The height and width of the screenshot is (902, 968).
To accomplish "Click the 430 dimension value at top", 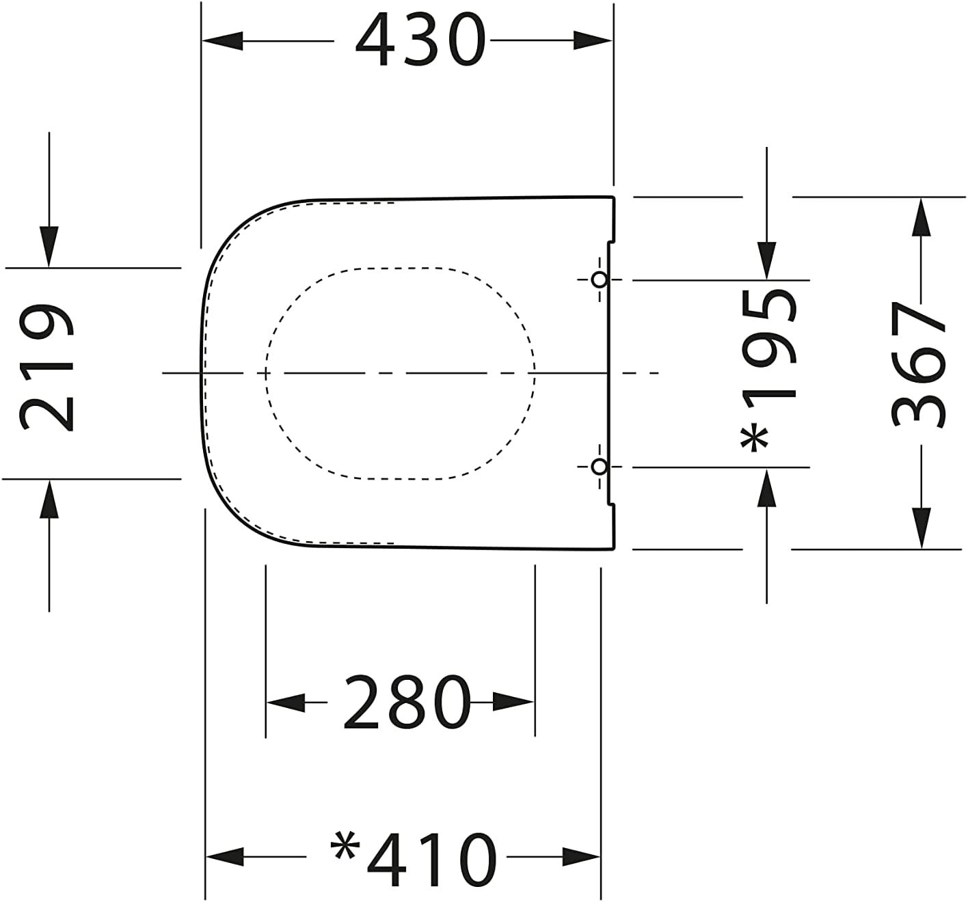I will [420, 41].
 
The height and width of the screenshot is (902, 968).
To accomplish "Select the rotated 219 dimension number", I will [46, 369].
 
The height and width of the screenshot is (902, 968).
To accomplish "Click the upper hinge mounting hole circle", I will [599, 279].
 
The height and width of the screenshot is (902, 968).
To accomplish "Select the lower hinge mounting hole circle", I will [599, 467].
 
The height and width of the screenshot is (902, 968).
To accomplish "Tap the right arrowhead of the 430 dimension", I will [592, 41].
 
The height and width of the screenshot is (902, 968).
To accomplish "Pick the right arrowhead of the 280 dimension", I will [513, 702].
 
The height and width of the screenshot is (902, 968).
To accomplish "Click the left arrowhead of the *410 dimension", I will [226, 856].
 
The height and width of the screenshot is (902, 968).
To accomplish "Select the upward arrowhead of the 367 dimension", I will [922, 217].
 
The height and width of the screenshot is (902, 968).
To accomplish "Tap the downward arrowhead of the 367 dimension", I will [922, 528].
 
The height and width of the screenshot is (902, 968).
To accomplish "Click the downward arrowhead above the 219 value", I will [49, 246].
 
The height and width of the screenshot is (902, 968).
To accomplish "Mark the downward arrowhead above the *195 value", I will [767, 260].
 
